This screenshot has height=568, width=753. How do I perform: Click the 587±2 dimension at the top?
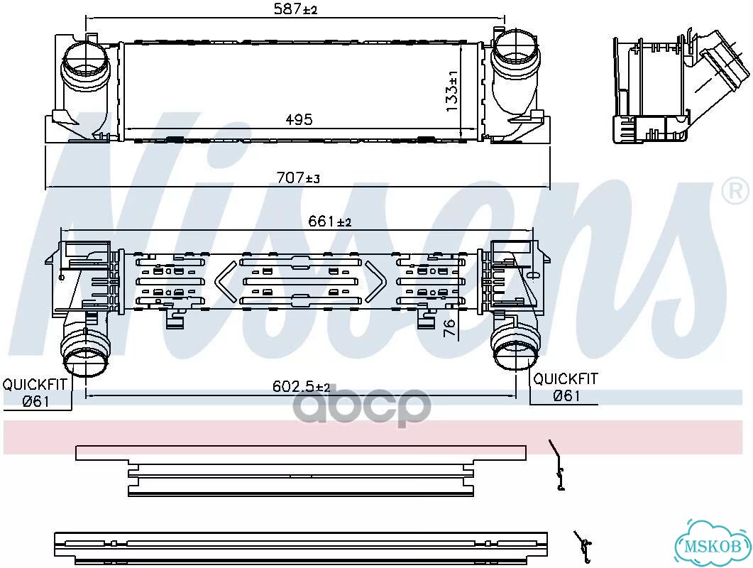click(295, 9)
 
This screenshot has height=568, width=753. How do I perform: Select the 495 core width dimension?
click(299, 119)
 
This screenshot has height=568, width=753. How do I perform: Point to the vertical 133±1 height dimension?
click(452, 91)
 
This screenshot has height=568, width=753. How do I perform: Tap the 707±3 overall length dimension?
click(298, 177)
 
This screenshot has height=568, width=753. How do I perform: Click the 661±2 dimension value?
click(330, 221)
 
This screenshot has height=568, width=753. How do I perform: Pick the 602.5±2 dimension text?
click(302, 386)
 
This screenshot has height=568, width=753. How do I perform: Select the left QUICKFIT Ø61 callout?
click(35, 393)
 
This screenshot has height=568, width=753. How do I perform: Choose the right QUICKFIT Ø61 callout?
click(566, 388)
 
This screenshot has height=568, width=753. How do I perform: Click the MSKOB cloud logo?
click(713, 545)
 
